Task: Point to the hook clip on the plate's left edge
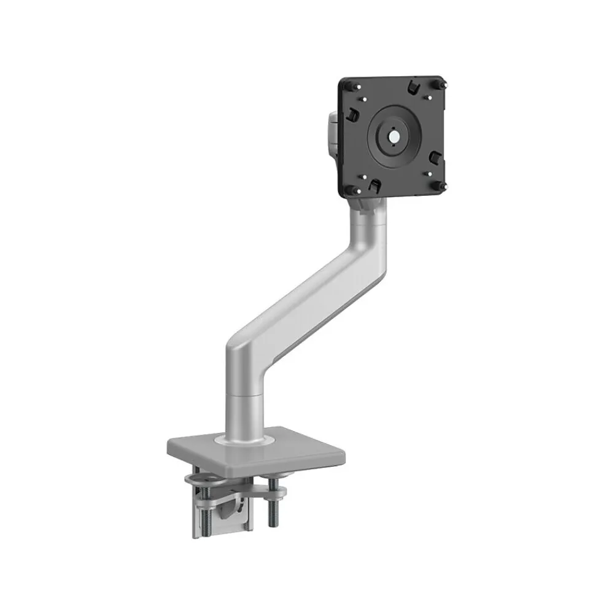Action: click(x=355, y=113)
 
